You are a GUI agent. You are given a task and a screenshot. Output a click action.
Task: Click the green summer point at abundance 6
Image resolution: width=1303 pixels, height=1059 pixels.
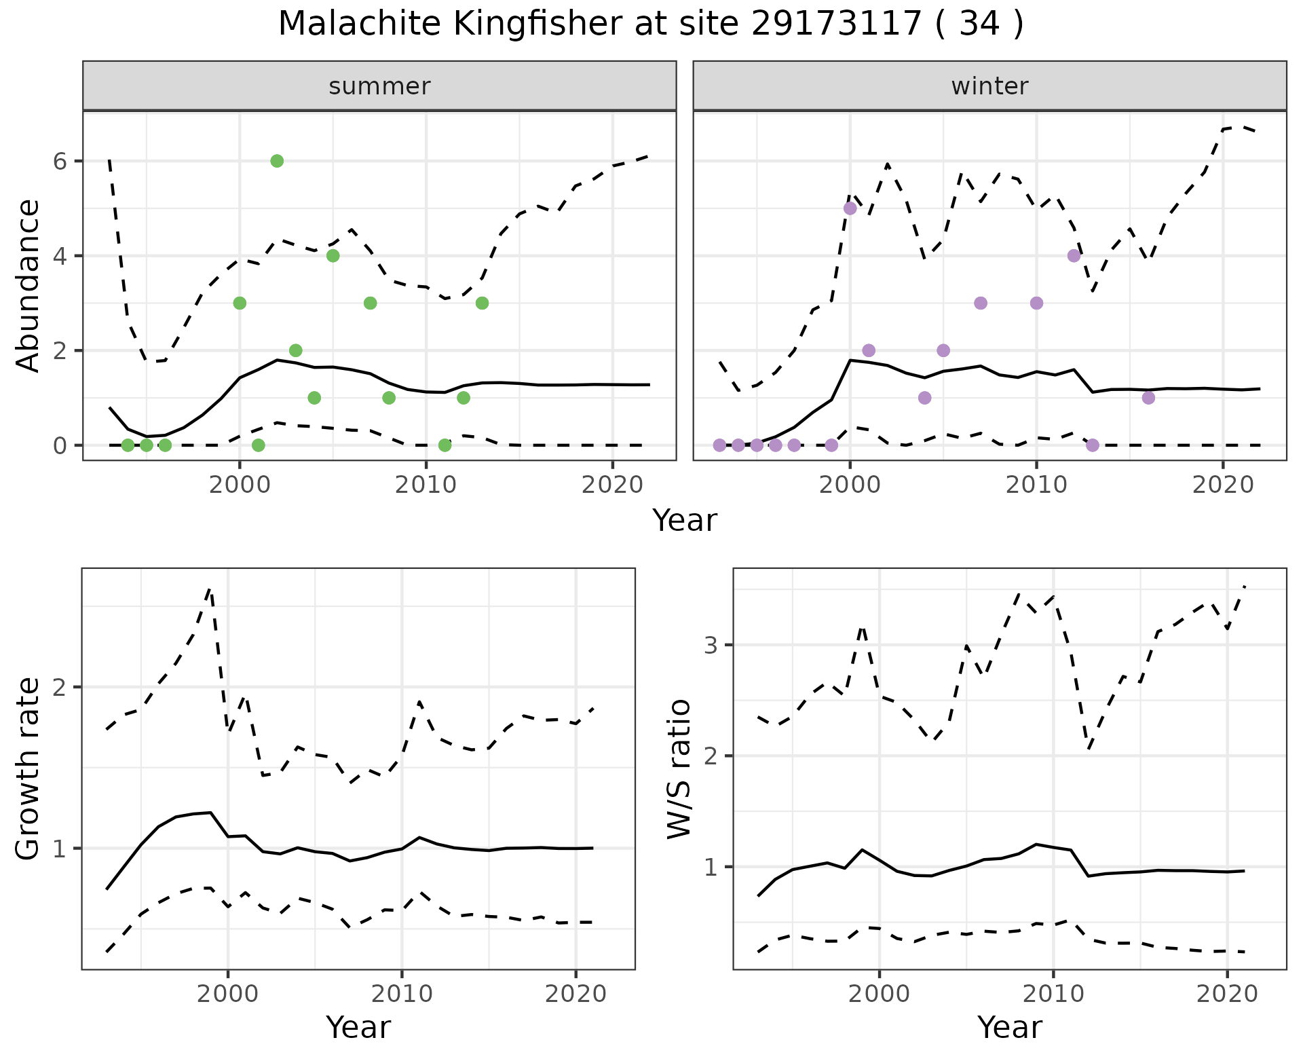tap(277, 161)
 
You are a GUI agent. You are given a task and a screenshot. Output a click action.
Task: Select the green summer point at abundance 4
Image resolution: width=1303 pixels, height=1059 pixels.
tap(333, 256)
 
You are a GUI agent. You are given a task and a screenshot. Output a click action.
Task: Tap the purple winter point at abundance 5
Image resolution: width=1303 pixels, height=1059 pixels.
tap(850, 208)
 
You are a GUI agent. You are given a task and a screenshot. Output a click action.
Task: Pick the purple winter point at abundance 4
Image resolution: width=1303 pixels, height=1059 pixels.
tap(1074, 256)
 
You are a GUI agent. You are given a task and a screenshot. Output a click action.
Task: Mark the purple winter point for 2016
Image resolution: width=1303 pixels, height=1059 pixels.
tap(1148, 398)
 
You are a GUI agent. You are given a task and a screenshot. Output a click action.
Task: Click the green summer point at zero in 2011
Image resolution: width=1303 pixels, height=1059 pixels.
tap(445, 445)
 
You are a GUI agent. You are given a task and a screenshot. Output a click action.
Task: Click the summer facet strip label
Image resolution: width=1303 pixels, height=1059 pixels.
tap(379, 86)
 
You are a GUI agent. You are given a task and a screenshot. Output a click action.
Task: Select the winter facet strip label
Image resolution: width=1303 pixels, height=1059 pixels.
tap(989, 86)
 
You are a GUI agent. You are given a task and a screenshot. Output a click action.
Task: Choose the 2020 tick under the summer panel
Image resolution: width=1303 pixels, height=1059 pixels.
tap(613, 485)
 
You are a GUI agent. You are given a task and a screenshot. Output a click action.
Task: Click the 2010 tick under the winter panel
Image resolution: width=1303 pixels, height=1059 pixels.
tap(1036, 485)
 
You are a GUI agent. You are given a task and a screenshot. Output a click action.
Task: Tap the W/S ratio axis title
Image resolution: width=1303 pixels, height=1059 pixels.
tap(679, 768)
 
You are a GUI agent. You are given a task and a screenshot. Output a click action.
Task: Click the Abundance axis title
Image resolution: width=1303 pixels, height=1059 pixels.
tap(29, 285)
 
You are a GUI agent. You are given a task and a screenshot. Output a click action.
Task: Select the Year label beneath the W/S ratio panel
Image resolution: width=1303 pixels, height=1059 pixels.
tap(1009, 1028)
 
